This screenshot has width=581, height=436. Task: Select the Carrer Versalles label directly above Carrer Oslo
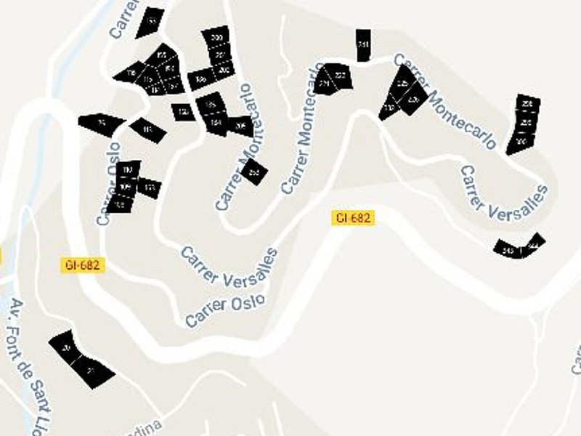(229, 267)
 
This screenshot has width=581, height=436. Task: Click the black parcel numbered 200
(216, 37)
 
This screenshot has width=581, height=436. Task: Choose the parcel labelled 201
(219, 54)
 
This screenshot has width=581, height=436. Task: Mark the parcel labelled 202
(223, 70)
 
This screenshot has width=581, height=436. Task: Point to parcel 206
(241, 126)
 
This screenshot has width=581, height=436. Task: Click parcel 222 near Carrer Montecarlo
(340, 76)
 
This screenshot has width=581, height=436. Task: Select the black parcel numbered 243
(508, 250)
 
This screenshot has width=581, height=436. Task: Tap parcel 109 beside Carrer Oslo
(125, 187)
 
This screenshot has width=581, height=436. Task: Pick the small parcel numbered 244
(535, 241)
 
